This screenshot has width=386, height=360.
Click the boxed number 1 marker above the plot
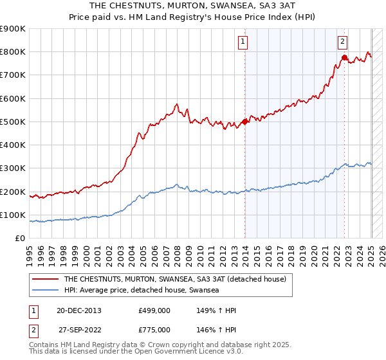[244, 42]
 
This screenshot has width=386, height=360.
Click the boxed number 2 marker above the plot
[343, 42]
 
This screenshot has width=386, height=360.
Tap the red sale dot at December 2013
[245, 122]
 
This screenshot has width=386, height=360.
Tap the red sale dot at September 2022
[344, 57]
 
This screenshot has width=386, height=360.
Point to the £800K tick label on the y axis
[13, 52]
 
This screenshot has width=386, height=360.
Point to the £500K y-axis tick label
[13, 122]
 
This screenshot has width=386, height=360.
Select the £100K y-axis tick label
[13, 215]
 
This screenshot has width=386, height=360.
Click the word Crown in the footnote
[167, 345]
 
